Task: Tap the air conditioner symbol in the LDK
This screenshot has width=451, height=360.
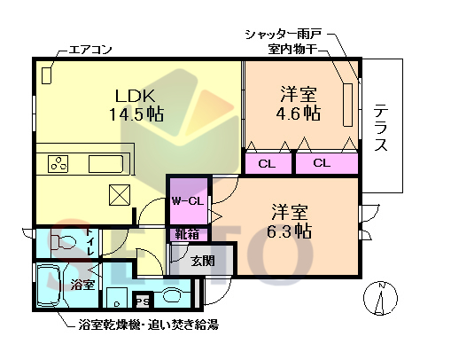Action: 46,75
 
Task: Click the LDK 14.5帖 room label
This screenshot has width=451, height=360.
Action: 136,104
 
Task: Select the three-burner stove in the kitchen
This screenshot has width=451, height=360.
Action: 59,164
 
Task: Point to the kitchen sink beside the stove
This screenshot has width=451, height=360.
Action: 106,165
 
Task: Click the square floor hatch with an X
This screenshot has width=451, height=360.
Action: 119,196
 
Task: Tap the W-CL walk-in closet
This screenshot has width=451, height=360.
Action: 188,201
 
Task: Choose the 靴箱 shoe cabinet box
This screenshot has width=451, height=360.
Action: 187,235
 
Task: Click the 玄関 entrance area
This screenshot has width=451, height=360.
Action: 203,260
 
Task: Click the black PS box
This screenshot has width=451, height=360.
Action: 143,299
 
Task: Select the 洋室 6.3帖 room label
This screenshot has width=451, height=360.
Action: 290,222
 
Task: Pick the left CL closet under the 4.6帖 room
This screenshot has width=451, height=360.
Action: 267,163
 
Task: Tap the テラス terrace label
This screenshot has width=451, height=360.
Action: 381,129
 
